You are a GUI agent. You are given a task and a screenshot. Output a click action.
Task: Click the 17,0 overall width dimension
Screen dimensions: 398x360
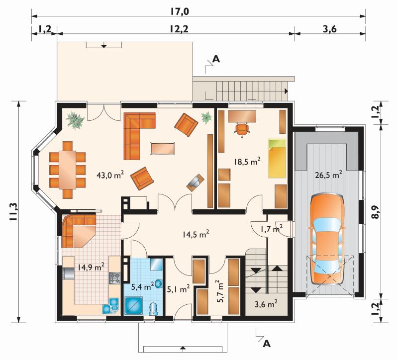click(x=180, y=11)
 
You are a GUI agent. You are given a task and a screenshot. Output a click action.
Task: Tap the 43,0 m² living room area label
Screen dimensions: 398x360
click(x=110, y=175)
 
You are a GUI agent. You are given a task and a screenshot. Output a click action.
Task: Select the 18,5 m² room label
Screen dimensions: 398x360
click(x=247, y=162)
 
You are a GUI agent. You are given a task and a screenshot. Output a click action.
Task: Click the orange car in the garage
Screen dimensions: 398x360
click(x=327, y=239)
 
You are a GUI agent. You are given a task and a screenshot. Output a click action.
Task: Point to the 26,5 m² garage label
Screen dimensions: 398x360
click(x=328, y=175)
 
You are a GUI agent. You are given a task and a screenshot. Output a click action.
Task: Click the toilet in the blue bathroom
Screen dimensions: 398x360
click(x=153, y=309)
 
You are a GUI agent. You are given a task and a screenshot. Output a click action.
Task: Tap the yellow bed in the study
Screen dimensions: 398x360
click(x=277, y=159)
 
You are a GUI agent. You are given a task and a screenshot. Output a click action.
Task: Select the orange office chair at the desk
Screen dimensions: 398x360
click(x=242, y=129)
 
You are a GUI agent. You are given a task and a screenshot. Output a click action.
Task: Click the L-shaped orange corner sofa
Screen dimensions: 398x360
click(x=139, y=136)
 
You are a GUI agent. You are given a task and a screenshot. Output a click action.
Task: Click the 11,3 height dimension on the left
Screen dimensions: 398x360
click(x=13, y=212)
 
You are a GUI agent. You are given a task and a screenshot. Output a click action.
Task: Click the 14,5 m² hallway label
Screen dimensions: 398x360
click(x=196, y=234)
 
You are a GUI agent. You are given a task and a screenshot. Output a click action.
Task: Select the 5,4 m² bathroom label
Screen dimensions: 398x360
click(x=142, y=287)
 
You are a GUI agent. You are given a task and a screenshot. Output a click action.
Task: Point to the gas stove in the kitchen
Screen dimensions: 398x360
click(x=115, y=278)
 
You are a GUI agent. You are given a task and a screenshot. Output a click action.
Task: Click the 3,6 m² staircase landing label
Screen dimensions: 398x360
click(x=266, y=303)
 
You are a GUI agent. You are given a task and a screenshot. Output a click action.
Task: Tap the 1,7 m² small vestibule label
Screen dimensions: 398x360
click(x=272, y=229)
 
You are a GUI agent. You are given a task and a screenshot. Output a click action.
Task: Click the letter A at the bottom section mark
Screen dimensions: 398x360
click(x=267, y=344)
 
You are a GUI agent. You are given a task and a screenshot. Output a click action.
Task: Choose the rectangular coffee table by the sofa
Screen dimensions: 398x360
click(x=163, y=148)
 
